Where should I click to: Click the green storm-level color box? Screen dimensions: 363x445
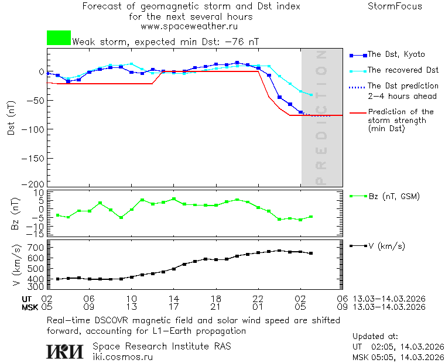click(59, 38)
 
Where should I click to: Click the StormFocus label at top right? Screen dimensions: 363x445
click(395, 6)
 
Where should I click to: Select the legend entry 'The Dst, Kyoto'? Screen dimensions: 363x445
click(396, 54)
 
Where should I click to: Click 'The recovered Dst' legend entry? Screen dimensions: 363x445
click(403, 70)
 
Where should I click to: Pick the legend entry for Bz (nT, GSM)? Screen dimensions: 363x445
click(394, 196)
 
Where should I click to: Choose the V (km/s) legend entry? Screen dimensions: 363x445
click(387, 246)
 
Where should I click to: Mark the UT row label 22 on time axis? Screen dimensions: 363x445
click(258, 299)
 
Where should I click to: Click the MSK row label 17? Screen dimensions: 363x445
click(173, 307)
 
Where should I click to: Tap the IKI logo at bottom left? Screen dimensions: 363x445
click(64, 351)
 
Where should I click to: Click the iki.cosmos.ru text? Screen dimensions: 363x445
click(122, 357)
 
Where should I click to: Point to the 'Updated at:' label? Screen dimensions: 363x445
click(375, 337)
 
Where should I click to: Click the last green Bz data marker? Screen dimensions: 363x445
click(311, 217)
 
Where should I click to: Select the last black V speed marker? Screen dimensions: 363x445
click(311, 254)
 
